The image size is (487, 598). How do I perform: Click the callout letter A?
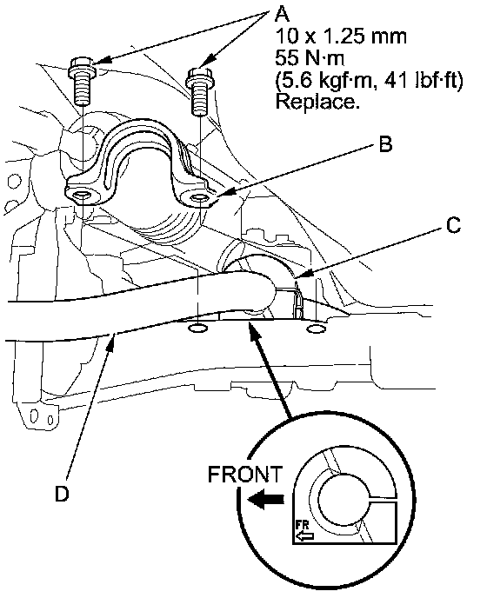(x=282, y=15)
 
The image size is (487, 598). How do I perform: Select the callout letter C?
(x=453, y=225)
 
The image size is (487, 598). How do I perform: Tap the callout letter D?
(x=62, y=494)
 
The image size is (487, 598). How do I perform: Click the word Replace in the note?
(x=317, y=102)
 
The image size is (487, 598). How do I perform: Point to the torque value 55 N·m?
(x=310, y=58)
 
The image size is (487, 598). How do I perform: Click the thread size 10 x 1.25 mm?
(x=340, y=37)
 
